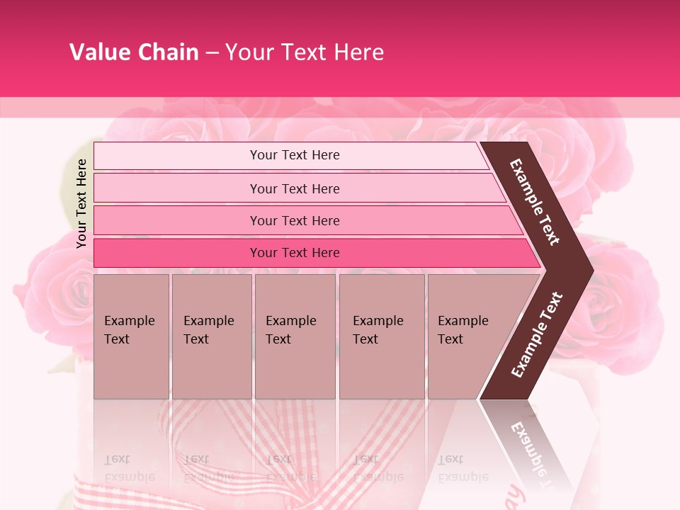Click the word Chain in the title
(169, 52)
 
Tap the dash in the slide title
(212, 53)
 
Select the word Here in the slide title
(358, 52)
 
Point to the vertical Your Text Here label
(81, 203)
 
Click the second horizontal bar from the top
(295, 188)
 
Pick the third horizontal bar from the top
(295, 220)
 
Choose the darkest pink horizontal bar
(295, 253)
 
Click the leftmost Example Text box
(131, 336)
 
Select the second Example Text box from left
(211, 336)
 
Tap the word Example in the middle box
(290, 321)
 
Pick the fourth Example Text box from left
(381, 336)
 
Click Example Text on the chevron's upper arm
(535, 202)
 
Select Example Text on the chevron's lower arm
(537, 334)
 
